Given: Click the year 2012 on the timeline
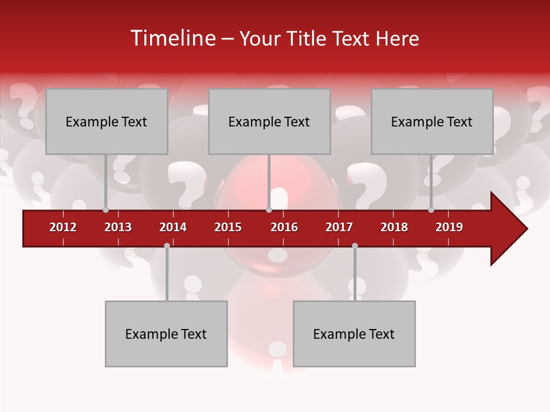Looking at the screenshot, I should click(63, 227).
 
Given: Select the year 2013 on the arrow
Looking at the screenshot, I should click(118, 227).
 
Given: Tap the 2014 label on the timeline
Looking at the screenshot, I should click(173, 227).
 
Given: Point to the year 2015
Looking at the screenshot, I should click(228, 227).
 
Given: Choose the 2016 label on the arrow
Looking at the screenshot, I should click(284, 227).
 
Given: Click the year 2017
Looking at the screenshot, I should click(339, 227).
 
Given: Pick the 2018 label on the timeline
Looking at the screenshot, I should click(394, 227).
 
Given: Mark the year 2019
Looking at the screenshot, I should click(449, 227).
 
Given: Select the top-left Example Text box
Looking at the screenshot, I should click(107, 121).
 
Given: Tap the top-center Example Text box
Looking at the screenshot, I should click(269, 121).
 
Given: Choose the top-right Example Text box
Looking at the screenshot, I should click(432, 121).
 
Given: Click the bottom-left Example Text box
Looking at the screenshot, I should click(166, 334).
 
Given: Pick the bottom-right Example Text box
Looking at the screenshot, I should click(354, 334).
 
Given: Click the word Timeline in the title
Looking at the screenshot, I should click(172, 38).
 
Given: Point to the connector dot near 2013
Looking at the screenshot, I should click(105, 209).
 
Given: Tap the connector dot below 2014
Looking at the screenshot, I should click(167, 245).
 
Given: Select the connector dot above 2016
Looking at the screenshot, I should click(269, 209).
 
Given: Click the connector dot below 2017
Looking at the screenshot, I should click(355, 245).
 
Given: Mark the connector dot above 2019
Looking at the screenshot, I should click(431, 209).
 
